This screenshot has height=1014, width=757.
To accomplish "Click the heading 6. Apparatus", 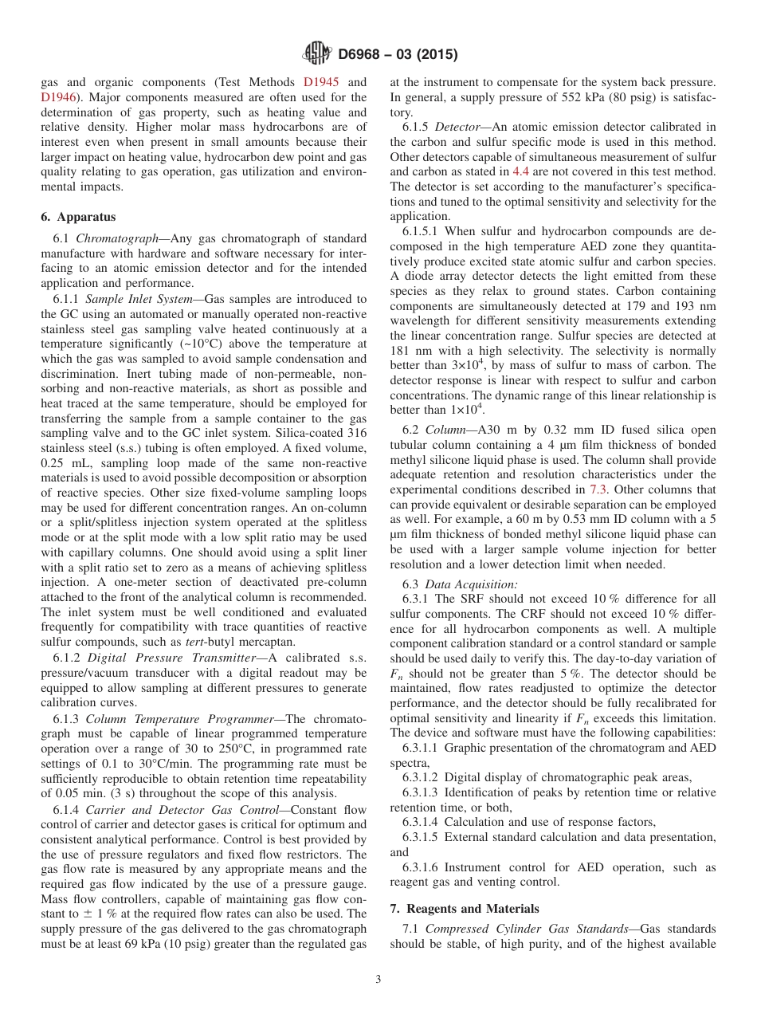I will pos(78,217).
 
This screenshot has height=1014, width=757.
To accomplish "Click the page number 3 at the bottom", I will pos(378,980).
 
